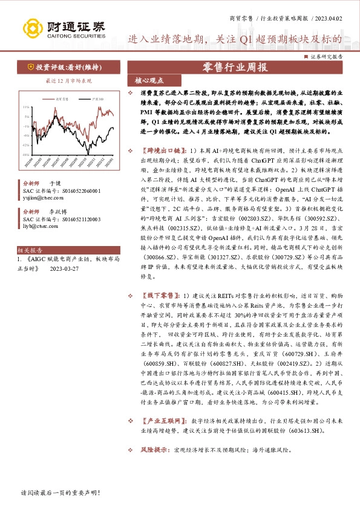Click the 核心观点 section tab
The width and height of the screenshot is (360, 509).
pyautogui.click(x=145, y=80)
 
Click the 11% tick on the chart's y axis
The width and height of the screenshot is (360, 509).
pyautogui.click(x=25, y=107)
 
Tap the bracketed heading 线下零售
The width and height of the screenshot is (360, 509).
pyautogui.click(x=160, y=294)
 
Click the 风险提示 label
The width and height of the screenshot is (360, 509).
pyautogui.click(x=154, y=450)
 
